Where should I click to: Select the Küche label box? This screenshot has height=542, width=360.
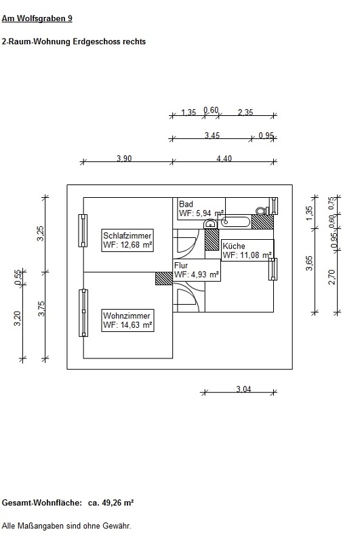click(247, 250)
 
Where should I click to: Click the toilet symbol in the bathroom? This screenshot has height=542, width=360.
click(262, 211)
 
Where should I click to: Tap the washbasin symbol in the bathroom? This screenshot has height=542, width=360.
click(210, 224)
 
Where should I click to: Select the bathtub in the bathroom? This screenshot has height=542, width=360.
click(235, 222)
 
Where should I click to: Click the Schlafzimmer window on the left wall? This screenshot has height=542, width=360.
click(83, 230)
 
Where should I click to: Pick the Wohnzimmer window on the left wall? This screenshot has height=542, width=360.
click(83, 313)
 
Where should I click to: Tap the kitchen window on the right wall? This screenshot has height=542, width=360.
click(273, 269)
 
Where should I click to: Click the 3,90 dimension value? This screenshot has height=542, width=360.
click(124, 159)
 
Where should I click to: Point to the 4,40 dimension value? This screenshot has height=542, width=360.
click(224, 159)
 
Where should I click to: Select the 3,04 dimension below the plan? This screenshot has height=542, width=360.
click(243, 389)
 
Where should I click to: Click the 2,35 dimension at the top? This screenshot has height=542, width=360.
click(245, 112)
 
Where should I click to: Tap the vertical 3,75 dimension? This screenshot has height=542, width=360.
click(41, 309)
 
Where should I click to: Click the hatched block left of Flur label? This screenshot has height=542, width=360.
click(163, 278)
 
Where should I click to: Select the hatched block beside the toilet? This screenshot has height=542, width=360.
click(262, 222)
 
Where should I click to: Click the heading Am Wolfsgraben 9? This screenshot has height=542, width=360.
click(37, 18)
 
